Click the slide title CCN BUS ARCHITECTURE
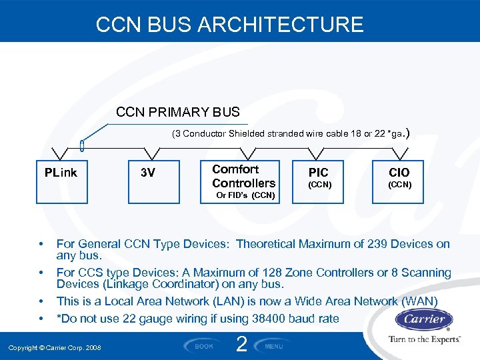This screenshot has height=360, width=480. tap(229, 25)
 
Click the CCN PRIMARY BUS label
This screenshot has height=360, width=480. tap(178, 112)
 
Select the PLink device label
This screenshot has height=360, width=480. tap(61, 173)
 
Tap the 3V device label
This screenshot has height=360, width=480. tap(148, 173)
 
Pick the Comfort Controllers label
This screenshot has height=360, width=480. tap(243, 176)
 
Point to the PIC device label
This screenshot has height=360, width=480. tap(318, 173)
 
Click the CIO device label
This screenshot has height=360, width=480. tap(400, 173)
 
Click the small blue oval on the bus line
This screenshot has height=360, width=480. tap(81, 145)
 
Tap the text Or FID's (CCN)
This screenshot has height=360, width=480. tap(245, 195)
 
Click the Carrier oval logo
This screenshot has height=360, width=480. tap(424, 319)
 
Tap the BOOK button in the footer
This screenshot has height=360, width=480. tap(203, 346)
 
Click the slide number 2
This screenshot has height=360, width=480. tap(241, 344)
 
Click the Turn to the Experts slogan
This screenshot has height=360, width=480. tap(424, 339)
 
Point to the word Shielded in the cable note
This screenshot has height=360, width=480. tap(247, 133)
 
